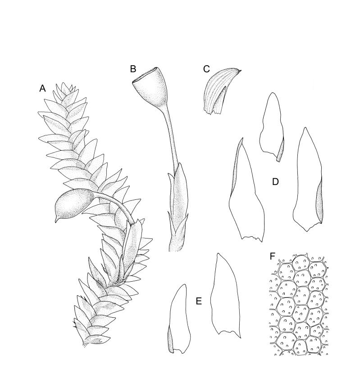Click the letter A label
click(42, 88)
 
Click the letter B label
click(133, 69)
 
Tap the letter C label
click(206, 69)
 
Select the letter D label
click(275, 182)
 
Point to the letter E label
click(199, 301)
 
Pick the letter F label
click(272, 256)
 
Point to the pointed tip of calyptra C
click(240, 71)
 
